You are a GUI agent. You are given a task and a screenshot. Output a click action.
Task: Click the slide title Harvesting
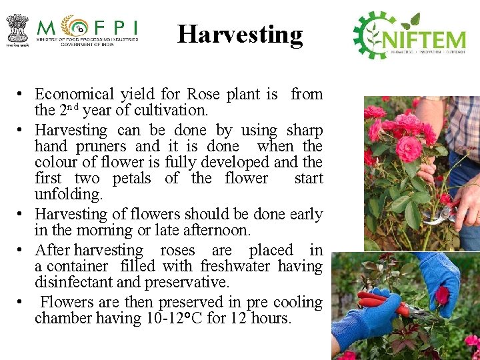coord(240,34)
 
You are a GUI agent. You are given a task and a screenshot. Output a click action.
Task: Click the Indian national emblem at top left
coord(17,28)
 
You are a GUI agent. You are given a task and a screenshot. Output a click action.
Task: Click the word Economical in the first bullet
coord(74,94)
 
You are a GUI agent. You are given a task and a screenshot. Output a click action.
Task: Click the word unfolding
coord(69,195)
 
